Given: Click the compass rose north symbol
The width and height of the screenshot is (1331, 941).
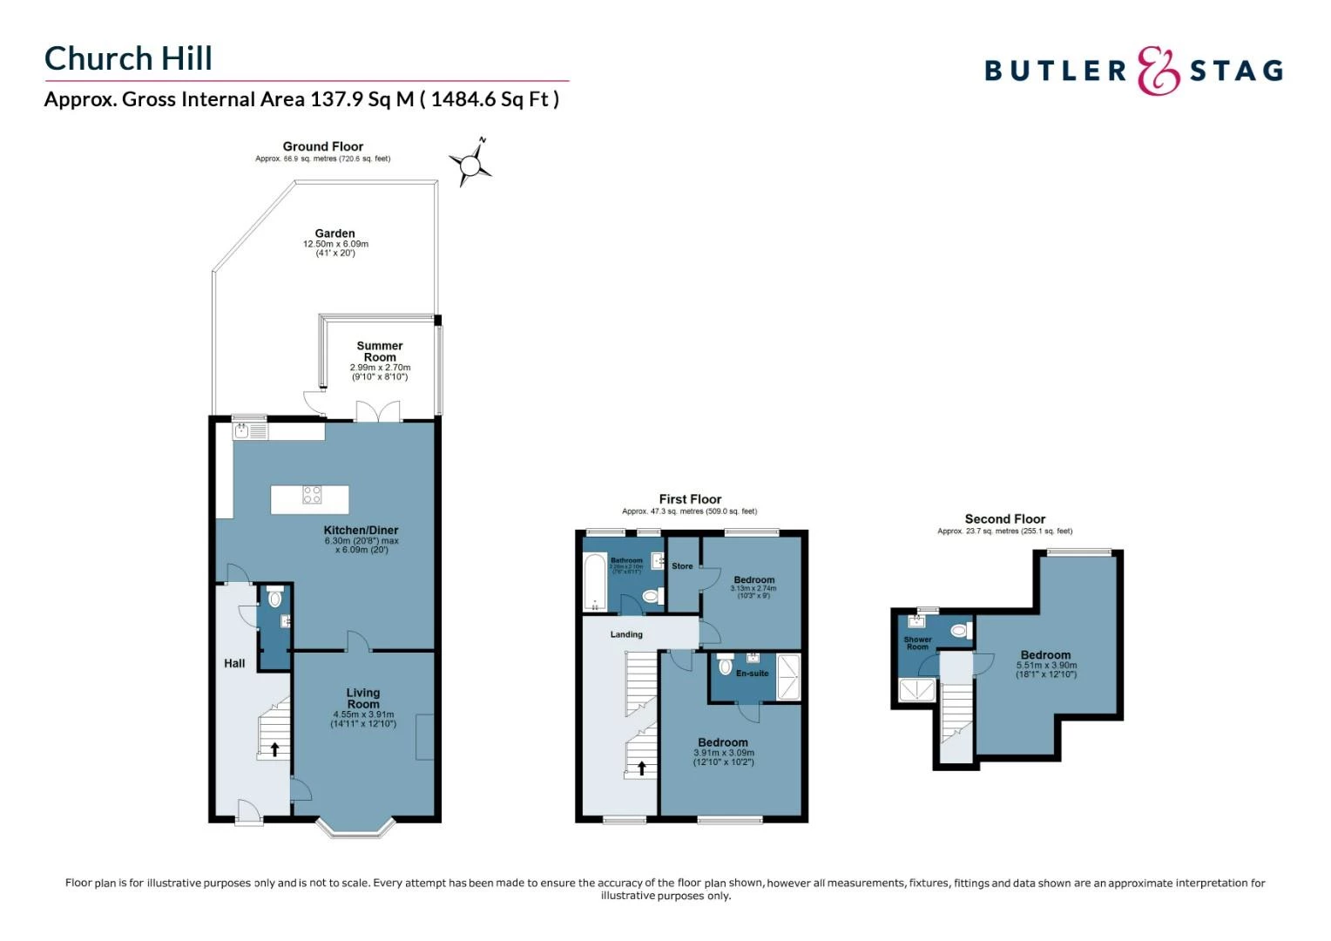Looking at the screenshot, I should (x=470, y=161).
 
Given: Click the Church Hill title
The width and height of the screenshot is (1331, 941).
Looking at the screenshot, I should (x=128, y=58).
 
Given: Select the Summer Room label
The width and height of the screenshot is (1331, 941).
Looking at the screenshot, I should (x=380, y=351).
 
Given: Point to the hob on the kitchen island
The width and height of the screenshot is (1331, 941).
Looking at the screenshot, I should (x=312, y=495).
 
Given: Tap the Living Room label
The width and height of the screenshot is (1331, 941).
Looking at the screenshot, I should (x=363, y=698).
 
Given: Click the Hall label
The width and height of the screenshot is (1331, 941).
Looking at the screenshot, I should (x=234, y=663).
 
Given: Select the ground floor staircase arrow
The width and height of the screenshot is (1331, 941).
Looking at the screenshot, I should (x=275, y=748).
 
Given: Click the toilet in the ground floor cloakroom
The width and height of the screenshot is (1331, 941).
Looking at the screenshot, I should (x=275, y=599).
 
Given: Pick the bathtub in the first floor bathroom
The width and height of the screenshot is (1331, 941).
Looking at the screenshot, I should (x=594, y=580).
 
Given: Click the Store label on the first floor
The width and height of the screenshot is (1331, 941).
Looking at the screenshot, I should (x=682, y=566).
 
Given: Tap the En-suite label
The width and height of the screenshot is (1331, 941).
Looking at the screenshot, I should (x=753, y=674).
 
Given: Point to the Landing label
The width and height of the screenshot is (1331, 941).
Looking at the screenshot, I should (x=626, y=634).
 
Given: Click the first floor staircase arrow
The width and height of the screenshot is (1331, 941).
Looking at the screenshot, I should (x=642, y=768).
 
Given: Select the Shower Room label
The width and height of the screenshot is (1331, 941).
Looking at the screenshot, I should (x=917, y=643).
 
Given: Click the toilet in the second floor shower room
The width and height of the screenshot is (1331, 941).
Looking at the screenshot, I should (x=959, y=630).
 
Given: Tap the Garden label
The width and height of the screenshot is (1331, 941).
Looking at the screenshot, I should (x=334, y=234).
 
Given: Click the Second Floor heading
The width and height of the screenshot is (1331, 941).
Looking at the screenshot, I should (x=1004, y=518).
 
